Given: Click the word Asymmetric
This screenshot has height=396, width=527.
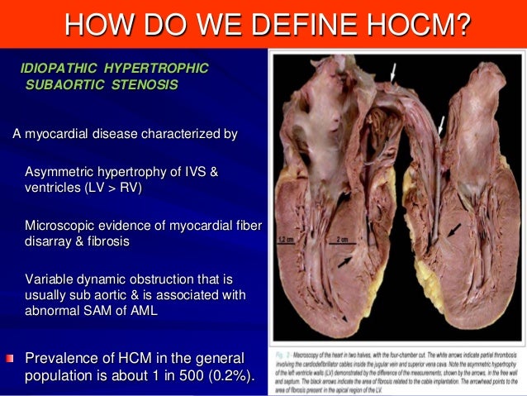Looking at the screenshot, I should click(x=58, y=172).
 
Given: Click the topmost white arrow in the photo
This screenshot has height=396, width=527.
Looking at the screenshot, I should click(x=394, y=74).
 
